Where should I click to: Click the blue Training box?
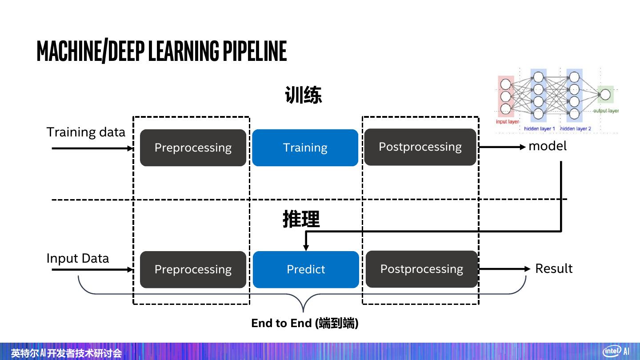point(305,148)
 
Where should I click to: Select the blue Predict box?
point(306,269)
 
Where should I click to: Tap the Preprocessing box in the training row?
point(193,148)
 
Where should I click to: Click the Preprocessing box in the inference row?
point(193,269)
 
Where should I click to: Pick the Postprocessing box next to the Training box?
point(420,147)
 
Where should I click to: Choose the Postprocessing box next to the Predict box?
point(421,269)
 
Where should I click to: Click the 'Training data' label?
point(86,132)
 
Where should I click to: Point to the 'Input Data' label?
point(78,258)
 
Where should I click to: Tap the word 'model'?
point(547,146)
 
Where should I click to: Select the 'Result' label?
point(554,268)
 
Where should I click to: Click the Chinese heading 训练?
point(303,95)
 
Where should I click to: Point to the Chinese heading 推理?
point(301,219)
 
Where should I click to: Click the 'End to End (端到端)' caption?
point(305,323)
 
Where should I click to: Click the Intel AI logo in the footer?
point(616,351)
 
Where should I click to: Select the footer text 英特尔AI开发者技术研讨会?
point(66,353)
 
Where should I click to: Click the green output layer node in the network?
point(605,94)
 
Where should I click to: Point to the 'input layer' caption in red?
point(507,121)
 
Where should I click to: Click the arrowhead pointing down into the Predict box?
point(306,247)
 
